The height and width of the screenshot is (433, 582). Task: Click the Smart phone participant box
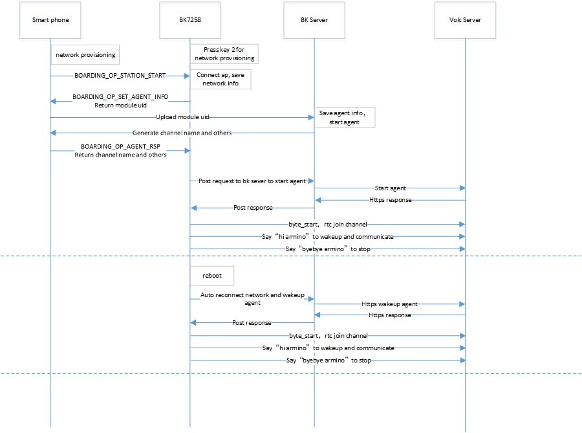50,19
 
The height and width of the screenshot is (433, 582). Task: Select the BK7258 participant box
190,19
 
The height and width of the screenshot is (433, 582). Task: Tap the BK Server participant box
314,19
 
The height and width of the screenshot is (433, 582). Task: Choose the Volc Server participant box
465,19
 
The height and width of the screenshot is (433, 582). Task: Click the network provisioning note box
85,55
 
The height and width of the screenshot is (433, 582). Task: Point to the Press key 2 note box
224,54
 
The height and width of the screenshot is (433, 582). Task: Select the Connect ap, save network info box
219,80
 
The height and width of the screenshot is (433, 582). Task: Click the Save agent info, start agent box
343,117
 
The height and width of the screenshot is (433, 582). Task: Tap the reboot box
212,275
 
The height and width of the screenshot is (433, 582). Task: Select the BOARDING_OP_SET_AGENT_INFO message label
120,96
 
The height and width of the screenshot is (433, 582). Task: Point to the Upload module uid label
182,117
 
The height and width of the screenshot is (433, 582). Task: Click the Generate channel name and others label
182,133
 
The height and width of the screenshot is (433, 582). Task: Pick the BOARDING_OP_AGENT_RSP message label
120,147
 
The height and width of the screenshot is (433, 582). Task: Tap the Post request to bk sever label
253,181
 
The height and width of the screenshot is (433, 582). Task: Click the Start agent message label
390,188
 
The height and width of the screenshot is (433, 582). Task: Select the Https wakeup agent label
389,304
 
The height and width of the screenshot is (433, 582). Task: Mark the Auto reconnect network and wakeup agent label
252,298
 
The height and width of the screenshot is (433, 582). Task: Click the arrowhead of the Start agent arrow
462,188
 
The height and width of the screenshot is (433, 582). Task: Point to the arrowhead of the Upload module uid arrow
311,117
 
